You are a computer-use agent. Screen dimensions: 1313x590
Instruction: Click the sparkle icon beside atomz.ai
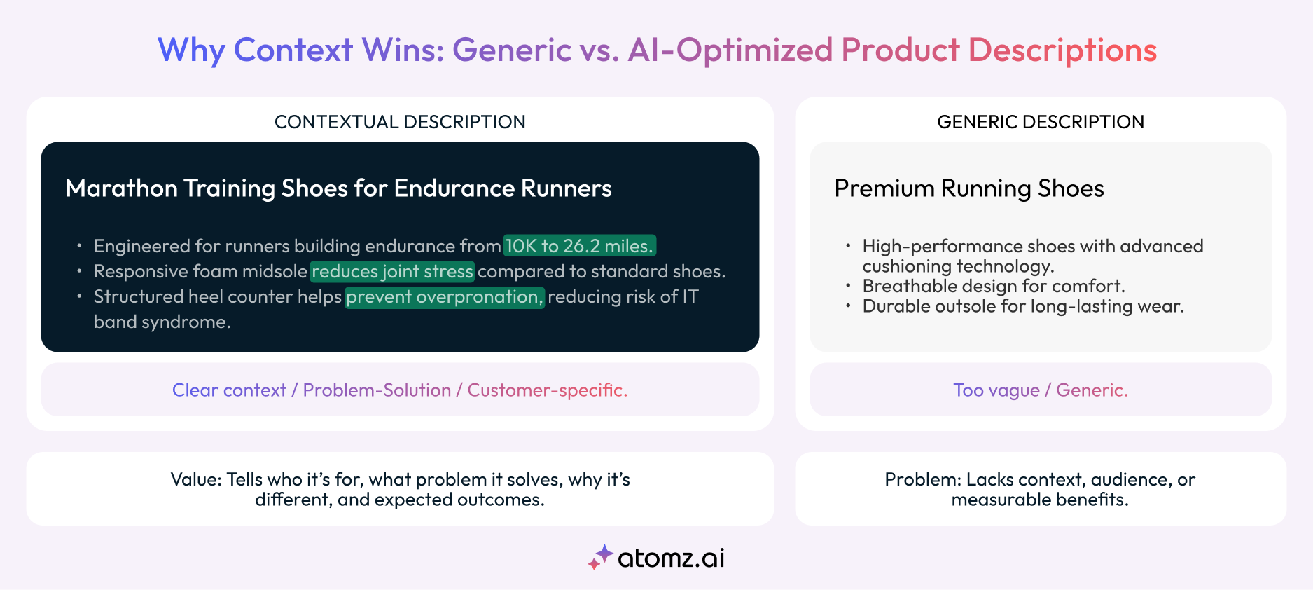click(x=600, y=557)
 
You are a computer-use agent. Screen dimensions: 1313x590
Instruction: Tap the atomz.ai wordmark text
click(x=671, y=558)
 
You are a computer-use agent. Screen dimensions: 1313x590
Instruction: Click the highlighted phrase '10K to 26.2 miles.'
click(x=579, y=246)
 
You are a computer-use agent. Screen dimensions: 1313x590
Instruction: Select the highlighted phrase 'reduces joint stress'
click(x=392, y=271)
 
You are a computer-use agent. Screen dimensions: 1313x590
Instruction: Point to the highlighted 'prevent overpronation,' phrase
click(x=444, y=296)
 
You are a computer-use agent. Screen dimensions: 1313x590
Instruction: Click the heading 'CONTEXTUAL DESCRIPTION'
click(x=400, y=122)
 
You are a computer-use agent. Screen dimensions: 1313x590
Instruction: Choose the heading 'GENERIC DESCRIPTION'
click(x=1040, y=122)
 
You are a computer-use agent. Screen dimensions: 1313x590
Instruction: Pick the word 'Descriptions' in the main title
click(x=1062, y=50)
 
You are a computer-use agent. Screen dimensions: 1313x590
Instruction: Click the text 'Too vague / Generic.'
click(x=1040, y=390)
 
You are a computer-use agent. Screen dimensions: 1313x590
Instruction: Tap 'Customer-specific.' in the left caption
click(x=547, y=390)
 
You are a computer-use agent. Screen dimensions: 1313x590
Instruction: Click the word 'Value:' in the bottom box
click(x=196, y=479)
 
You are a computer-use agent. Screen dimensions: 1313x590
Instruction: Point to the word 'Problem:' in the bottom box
click(x=923, y=479)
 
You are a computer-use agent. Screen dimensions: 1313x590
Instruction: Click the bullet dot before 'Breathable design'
click(x=848, y=286)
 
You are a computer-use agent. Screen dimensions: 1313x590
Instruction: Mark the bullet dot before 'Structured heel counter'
click(x=79, y=296)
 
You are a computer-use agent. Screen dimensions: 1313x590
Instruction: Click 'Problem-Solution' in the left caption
click(x=377, y=390)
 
